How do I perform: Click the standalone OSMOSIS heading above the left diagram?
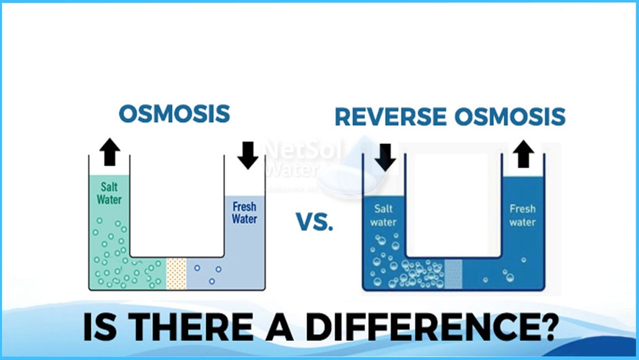pyautogui.click(x=174, y=114)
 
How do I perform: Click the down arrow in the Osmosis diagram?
pyautogui.click(x=248, y=154)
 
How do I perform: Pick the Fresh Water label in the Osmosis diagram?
pyautogui.click(x=244, y=212)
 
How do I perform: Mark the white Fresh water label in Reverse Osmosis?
pyautogui.click(x=522, y=215)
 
